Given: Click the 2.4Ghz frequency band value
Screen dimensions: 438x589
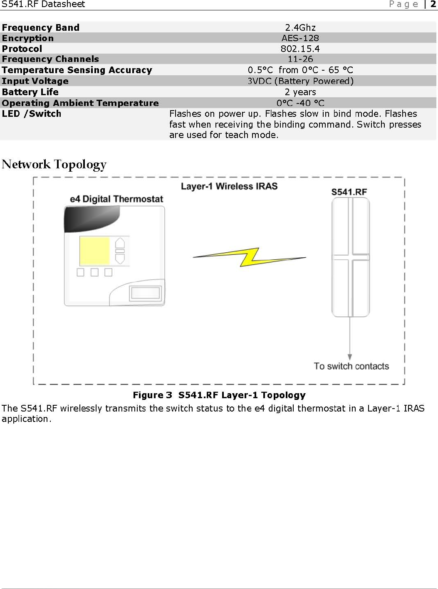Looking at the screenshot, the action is (x=300, y=27).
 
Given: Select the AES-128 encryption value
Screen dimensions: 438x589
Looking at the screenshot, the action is (x=300, y=38).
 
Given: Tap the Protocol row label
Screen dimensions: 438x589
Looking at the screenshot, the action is (x=22, y=49).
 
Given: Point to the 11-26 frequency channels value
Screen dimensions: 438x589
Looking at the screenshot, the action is (x=300, y=59).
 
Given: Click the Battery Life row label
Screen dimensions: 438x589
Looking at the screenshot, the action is (x=30, y=92).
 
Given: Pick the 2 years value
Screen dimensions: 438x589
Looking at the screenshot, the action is (x=300, y=92).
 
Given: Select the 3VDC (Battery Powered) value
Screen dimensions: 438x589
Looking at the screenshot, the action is (x=300, y=81).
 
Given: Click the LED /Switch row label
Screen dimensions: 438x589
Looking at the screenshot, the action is (x=32, y=114).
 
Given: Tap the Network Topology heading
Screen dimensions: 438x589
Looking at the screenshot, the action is (x=54, y=164).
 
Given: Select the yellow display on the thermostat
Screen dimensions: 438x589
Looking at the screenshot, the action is (x=94, y=251).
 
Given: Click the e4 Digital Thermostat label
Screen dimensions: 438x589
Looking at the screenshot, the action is (x=116, y=199).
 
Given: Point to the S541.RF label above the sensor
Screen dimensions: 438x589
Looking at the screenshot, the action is (x=349, y=192).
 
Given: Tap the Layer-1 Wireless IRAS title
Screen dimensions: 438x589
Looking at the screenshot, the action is (x=229, y=186).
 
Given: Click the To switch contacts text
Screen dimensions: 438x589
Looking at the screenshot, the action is (x=351, y=366).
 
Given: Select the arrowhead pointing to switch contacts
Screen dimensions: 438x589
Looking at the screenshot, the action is (x=350, y=357).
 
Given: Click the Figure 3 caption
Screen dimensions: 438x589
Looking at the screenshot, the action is (x=219, y=395).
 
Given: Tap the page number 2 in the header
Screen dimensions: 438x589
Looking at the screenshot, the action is (x=433, y=4).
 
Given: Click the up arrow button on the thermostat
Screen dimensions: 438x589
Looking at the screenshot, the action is (x=120, y=243).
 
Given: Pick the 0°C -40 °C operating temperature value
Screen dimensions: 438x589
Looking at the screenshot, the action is (x=300, y=103).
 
